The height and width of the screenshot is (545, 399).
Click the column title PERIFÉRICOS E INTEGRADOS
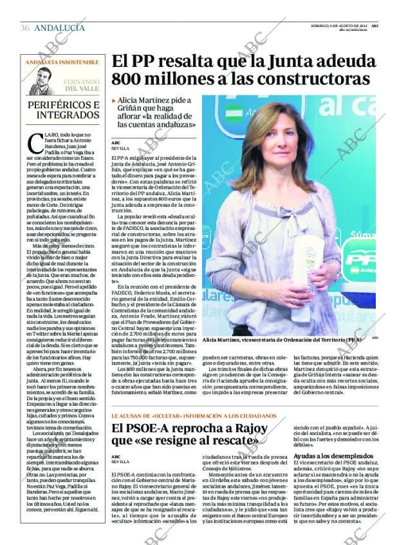(x=63, y=110)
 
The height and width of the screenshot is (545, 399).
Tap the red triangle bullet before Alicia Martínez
(x=114, y=101)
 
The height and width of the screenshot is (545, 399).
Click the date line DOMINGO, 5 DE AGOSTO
(x=339, y=25)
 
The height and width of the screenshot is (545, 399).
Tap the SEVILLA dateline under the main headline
(x=120, y=148)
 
